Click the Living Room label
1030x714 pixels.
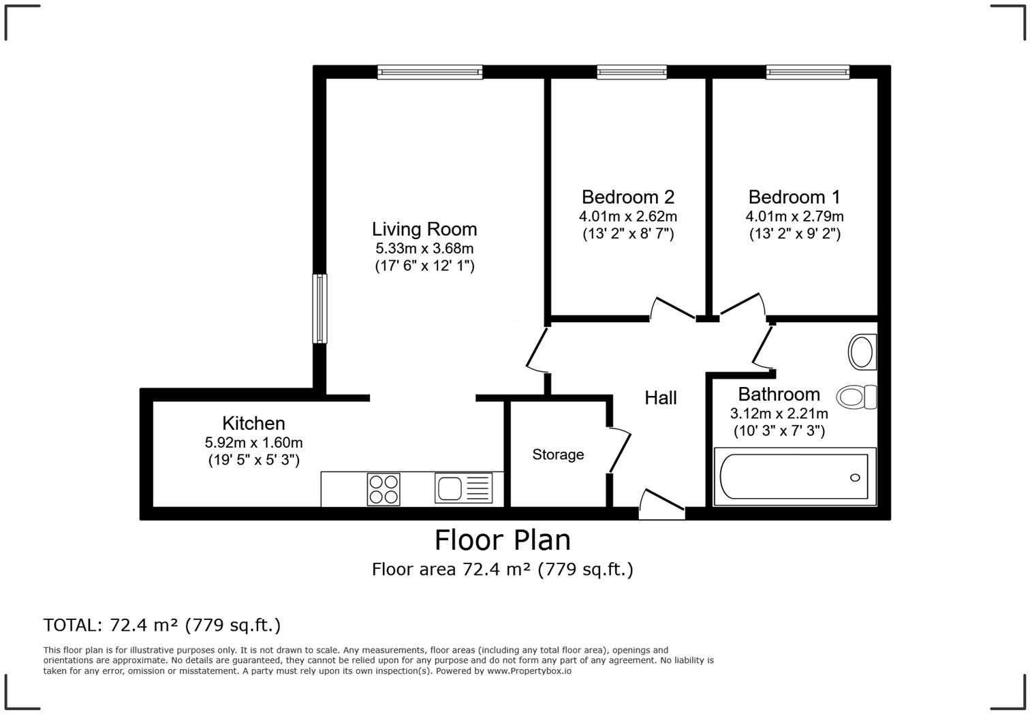pos(424,229)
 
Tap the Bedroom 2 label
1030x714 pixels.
pos(627,197)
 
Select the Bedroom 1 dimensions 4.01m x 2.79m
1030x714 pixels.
pos(794,216)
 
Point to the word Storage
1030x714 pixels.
pos(558,454)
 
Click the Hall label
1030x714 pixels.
pos(660,398)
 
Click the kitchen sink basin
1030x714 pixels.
pos(450,488)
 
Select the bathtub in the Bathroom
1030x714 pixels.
pos(794,477)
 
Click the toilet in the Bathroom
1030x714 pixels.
pos(856,397)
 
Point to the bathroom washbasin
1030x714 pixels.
pos(862,352)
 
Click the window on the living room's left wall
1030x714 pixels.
pos(319,309)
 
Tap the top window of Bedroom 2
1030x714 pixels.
pos(631,72)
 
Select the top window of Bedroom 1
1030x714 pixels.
pos(807,72)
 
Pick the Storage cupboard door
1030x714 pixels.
pos(619,450)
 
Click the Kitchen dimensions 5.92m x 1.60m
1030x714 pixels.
pos(254,442)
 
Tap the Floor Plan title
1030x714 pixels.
pos(503,540)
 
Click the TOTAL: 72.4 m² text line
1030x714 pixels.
pos(162,625)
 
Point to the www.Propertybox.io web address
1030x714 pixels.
pos(529,671)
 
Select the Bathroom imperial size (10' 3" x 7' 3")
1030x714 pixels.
pos(779,431)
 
